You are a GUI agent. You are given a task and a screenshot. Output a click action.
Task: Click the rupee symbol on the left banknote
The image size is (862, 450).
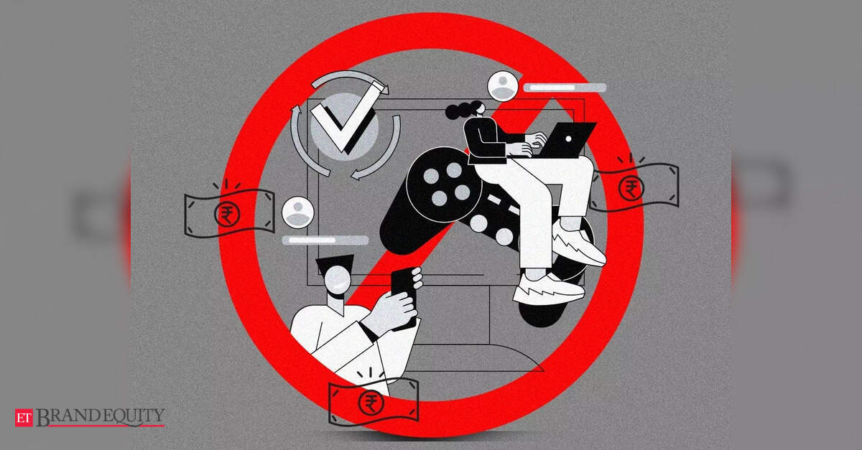(x=228, y=215)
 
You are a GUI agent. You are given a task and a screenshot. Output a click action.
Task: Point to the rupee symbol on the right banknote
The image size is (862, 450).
(x=631, y=188)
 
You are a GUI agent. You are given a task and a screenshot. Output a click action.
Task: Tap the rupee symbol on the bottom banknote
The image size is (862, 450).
(x=371, y=403)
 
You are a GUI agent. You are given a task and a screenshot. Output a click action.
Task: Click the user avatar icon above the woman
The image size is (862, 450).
(x=502, y=86)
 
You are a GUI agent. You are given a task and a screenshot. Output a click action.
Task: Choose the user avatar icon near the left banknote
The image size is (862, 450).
(x=297, y=212)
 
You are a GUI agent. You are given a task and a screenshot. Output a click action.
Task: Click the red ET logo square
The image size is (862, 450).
(x=24, y=418)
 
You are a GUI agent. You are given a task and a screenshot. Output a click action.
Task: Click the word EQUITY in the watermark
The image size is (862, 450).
(x=135, y=416)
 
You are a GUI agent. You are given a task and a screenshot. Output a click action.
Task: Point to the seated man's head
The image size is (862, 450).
(x=336, y=275)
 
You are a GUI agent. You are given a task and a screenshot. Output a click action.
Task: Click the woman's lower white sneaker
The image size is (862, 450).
(x=549, y=290)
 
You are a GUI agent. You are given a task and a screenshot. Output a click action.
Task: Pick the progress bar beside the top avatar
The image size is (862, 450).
(x=565, y=88)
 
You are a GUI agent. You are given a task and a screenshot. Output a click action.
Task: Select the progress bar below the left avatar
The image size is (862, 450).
(x=325, y=240)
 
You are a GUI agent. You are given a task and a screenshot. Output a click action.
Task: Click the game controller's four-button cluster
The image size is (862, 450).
(x=446, y=184)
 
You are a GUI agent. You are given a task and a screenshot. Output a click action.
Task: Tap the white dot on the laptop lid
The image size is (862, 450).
(x=569, y=138)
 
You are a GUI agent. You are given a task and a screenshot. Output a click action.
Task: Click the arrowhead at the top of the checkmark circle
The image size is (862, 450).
(x=383, y=89)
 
